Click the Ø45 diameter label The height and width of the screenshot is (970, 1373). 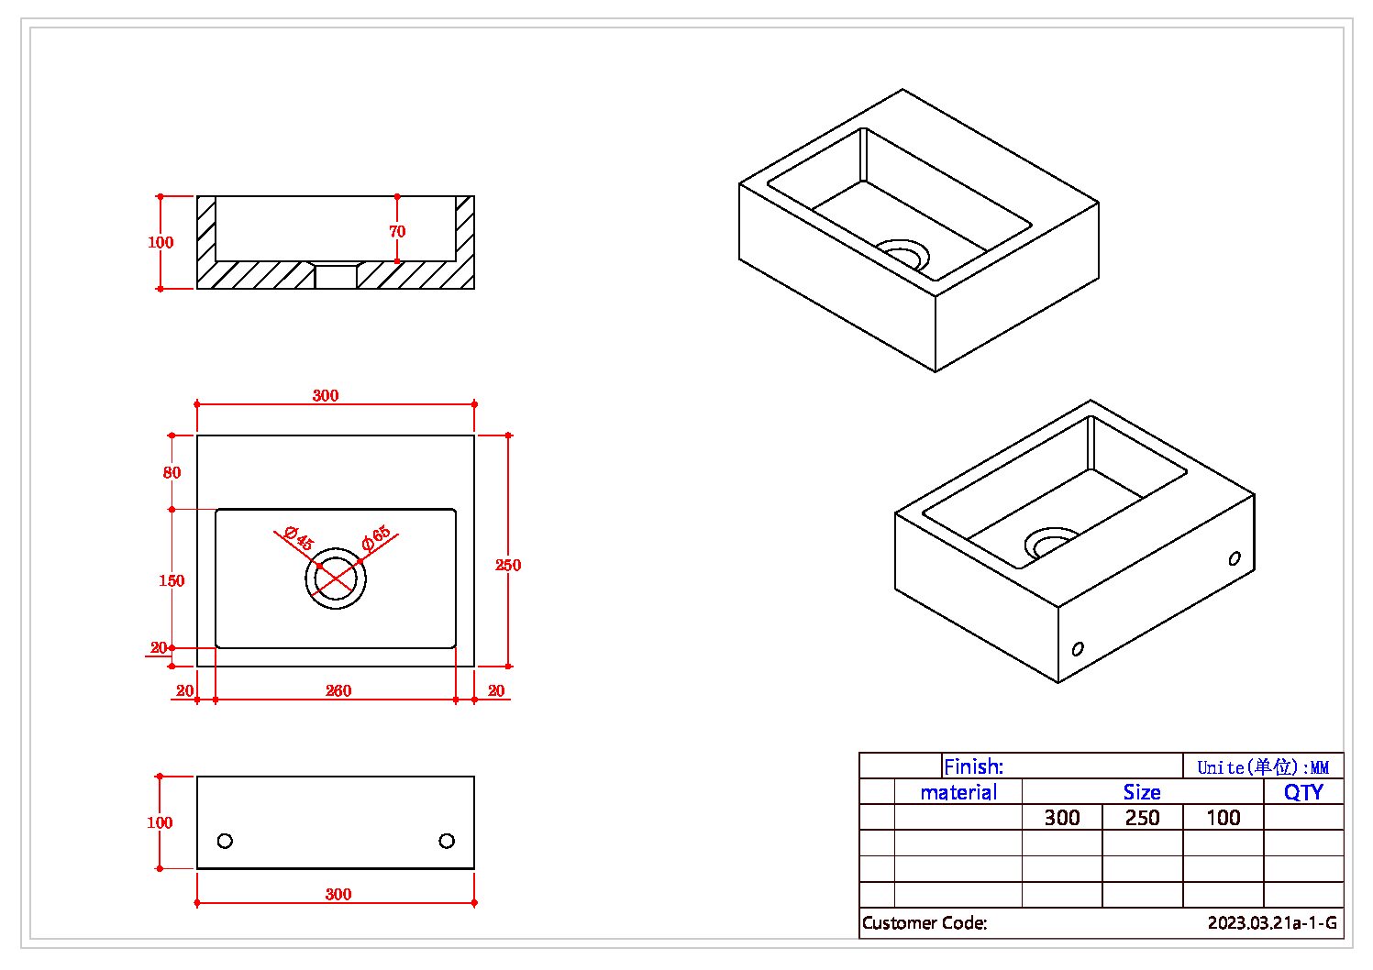point(299,538)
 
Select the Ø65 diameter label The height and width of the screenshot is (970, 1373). point(376,538)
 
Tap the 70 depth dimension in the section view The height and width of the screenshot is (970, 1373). point(397,231)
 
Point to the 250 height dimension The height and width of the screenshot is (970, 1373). point(508,565)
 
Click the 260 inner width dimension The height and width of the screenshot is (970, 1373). point(338,690)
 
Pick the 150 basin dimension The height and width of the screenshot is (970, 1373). point(172,580)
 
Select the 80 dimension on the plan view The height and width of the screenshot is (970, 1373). point(172,472)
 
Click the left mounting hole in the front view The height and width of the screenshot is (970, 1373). point(225,841)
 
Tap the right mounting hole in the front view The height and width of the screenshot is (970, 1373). point(447,841)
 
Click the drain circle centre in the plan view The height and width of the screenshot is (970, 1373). point(336,579)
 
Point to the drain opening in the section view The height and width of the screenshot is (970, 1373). point(336,275)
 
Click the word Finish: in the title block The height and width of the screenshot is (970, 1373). point(973,766)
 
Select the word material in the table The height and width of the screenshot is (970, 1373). point(958,792)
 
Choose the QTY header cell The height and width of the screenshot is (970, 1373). point(1303,792)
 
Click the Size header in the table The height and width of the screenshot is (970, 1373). point(1142,792)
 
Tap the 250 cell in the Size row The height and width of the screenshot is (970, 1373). point(1143,818)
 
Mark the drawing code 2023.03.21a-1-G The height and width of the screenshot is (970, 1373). point(1272,923)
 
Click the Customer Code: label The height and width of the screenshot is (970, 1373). point(925,923)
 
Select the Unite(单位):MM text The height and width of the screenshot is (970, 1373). point(1263,767)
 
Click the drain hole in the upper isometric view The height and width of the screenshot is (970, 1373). point(902,254)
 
